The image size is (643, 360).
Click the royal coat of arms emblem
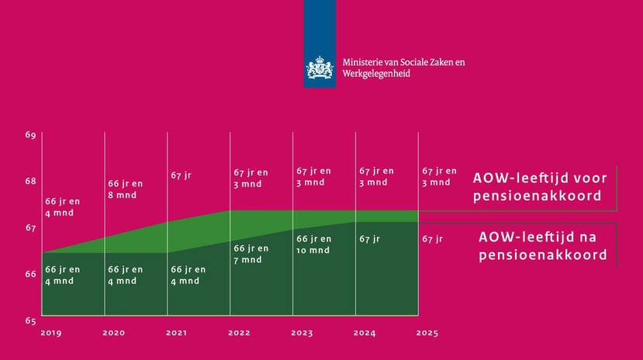click(x=319, y=67)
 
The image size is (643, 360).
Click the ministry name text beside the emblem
click(x=404, y=67)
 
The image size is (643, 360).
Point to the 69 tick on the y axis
click(x=30, y=136)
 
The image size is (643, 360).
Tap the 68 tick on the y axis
click(x=30, y=182)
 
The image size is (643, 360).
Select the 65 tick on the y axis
click(x=30, y=320)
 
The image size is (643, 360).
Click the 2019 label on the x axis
click(x=51, y=334)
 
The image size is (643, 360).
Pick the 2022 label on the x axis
click(x=239, y=334)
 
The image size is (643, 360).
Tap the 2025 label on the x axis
click(x=427, y=334)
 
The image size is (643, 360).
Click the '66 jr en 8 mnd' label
click(x=125, y=189)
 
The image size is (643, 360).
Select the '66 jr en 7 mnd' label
click(x=251, y=254)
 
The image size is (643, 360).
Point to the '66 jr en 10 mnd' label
click(x=313, y=244)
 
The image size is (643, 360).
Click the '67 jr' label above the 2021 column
click(x=181, y=175)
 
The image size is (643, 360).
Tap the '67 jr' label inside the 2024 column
click(x=369, y=239)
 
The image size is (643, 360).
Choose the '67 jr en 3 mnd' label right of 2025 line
click(x=439, y=177)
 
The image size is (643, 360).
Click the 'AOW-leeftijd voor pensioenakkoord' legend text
click(x=540, y=186)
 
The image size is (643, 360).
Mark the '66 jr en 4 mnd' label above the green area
click(x=62, y=206)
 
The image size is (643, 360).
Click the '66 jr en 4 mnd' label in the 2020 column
click(x=125, y=275)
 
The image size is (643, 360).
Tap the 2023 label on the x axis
click(x=302, y=334)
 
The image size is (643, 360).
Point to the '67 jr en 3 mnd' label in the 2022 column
click(x=251, y=178)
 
